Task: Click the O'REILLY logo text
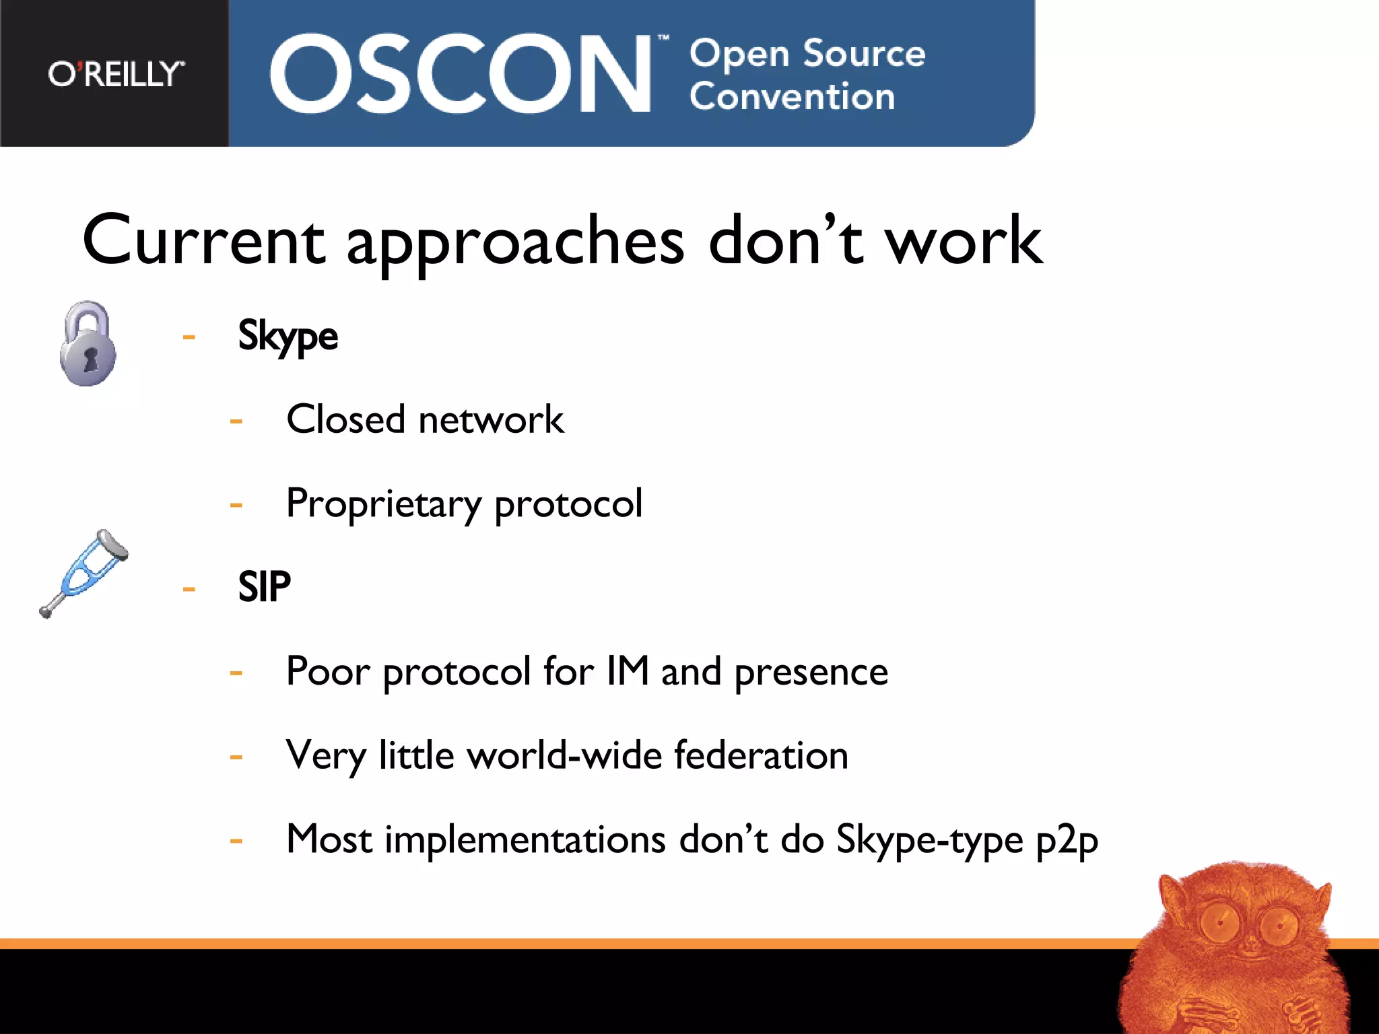[115, 73]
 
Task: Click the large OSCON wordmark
[460, 74]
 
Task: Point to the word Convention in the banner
[792, 96]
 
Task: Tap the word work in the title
[964, 240]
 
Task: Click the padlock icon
[88, 343]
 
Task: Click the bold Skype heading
[288, 336]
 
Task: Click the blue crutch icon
[84, 572]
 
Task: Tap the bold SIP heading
[264, 586]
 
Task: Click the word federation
[761, 755]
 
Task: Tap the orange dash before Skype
[189, 337]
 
